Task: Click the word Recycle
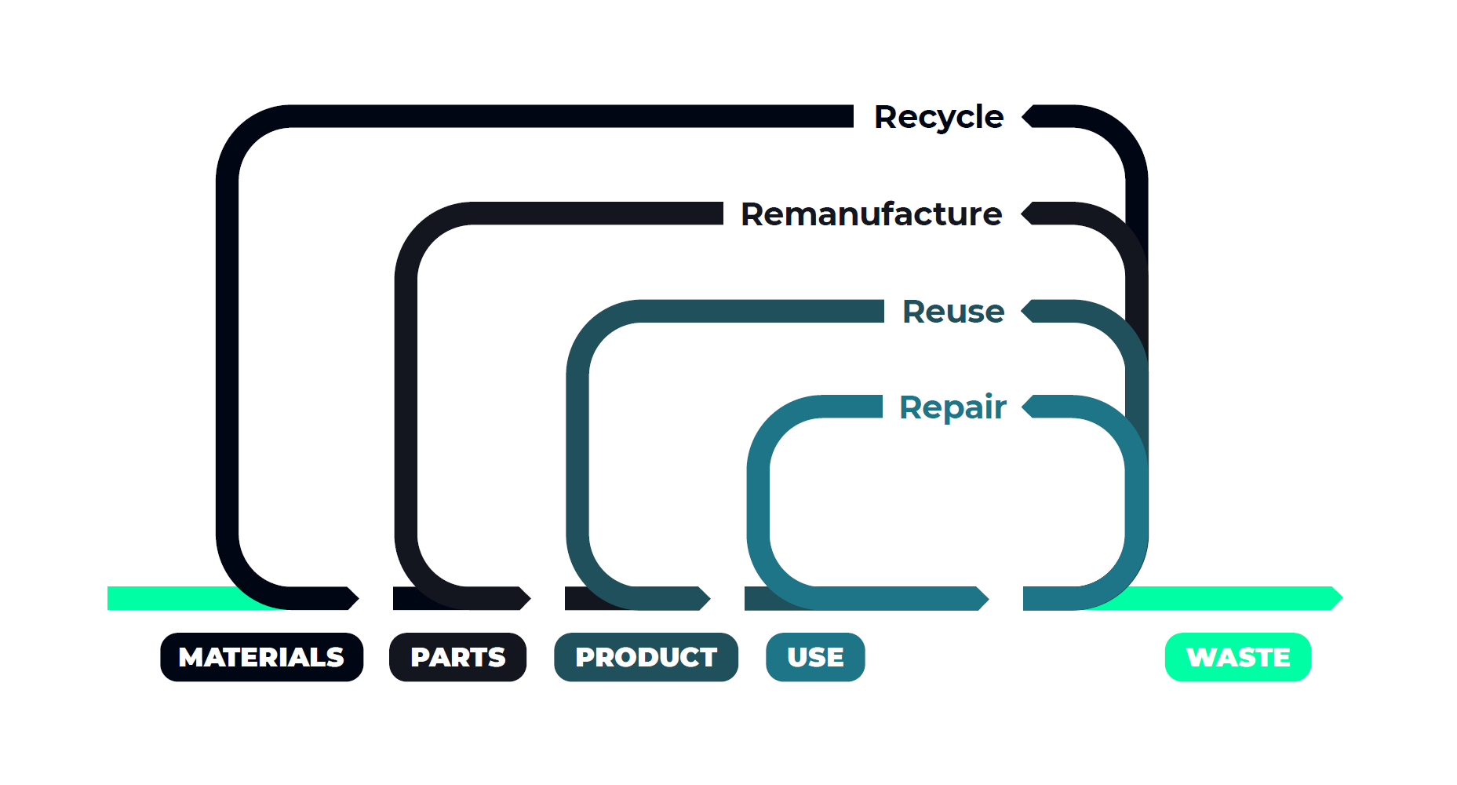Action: click(938, 117)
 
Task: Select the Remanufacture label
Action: click(871, 214)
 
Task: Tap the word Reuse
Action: click(953, 312)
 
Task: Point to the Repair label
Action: click(952, 407)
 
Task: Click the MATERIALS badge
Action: click(261, 657)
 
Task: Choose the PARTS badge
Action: click(457, 657)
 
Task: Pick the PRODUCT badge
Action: click(646, 657)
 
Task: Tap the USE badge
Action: click(815, 657)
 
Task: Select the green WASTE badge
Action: click(1237, 657)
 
